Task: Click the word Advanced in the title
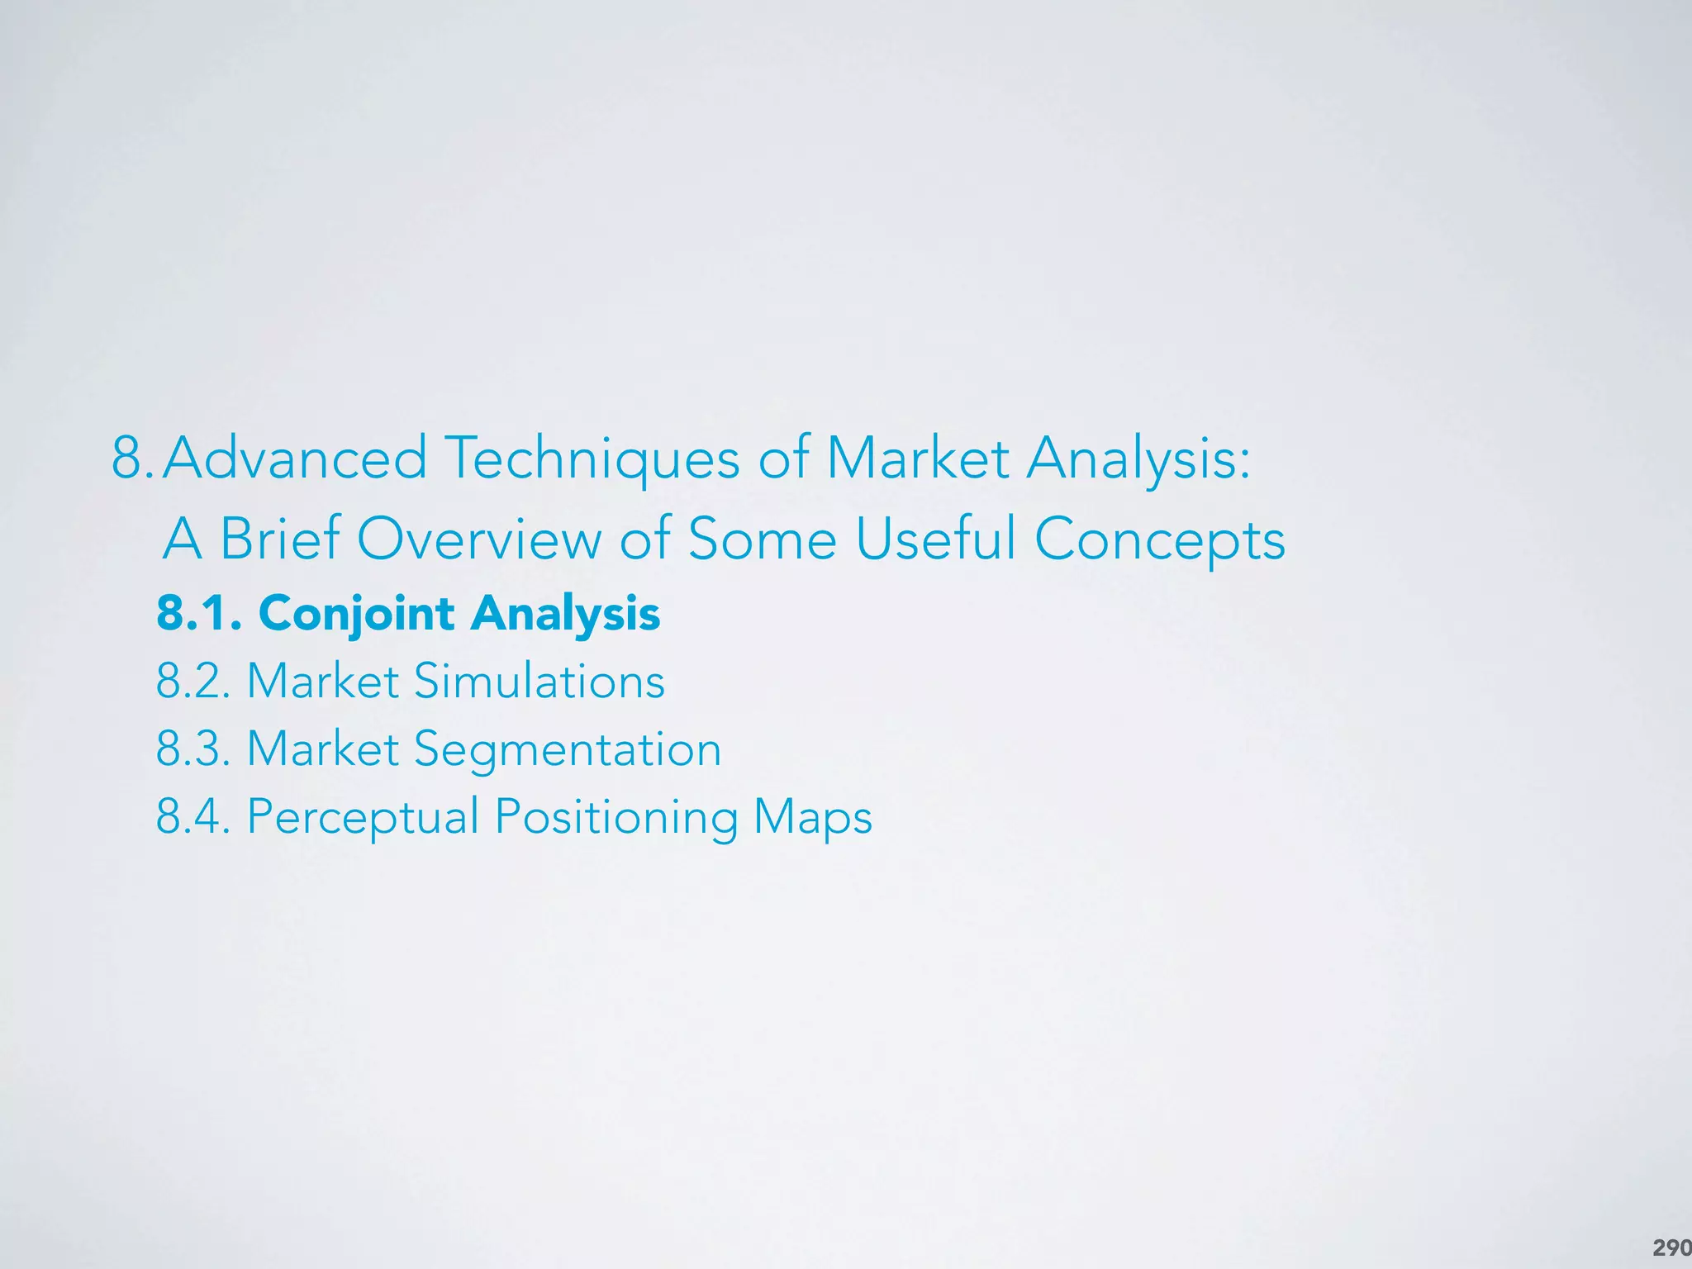295,459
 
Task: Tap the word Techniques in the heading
592,459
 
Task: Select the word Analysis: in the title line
1138,459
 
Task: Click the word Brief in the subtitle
280,539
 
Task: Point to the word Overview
479,539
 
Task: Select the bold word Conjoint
356,614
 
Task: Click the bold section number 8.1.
199,614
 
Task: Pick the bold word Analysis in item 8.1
566,614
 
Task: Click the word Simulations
539,682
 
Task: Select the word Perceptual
364,818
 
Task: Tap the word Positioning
616,818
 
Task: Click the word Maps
813,818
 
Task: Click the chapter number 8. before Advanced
132,459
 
